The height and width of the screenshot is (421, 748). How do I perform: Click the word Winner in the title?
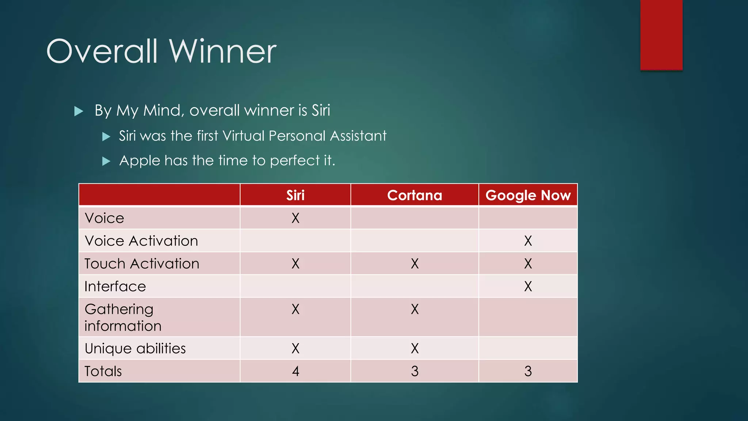tap(222, 52)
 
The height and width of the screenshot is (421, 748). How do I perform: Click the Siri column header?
tap(295, 195)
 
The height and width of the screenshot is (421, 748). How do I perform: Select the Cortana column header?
tap(415, 195)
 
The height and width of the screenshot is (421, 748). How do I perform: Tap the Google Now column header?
tap(528, 195)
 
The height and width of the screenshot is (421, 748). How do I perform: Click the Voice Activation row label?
tap(141, 241)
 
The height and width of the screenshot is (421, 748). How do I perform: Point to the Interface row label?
tap(115, 286)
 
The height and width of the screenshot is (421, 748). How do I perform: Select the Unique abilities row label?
tap(135, 348)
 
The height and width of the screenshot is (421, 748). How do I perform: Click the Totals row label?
tap(103, 371)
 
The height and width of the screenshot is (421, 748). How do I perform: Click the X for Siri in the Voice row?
tap(295, 218)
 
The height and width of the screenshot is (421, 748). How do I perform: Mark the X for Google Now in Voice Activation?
tap(528, 241)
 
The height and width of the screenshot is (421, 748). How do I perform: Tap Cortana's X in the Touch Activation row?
tap(415, 263)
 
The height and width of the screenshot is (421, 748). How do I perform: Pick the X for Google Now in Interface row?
tap(528, 286)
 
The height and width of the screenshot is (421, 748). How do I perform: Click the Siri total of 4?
tap(295, 371)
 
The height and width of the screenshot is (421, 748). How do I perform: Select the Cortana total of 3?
tap(415, 371)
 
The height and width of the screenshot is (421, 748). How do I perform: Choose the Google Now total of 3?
tap(528, 371)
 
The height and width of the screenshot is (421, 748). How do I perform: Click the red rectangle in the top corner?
tap(661, 35)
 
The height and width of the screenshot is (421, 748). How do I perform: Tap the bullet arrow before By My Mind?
tap(79, 111)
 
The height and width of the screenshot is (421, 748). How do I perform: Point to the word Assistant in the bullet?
tap(358, 136)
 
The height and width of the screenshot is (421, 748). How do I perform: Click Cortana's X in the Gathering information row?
tap(415, 309)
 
